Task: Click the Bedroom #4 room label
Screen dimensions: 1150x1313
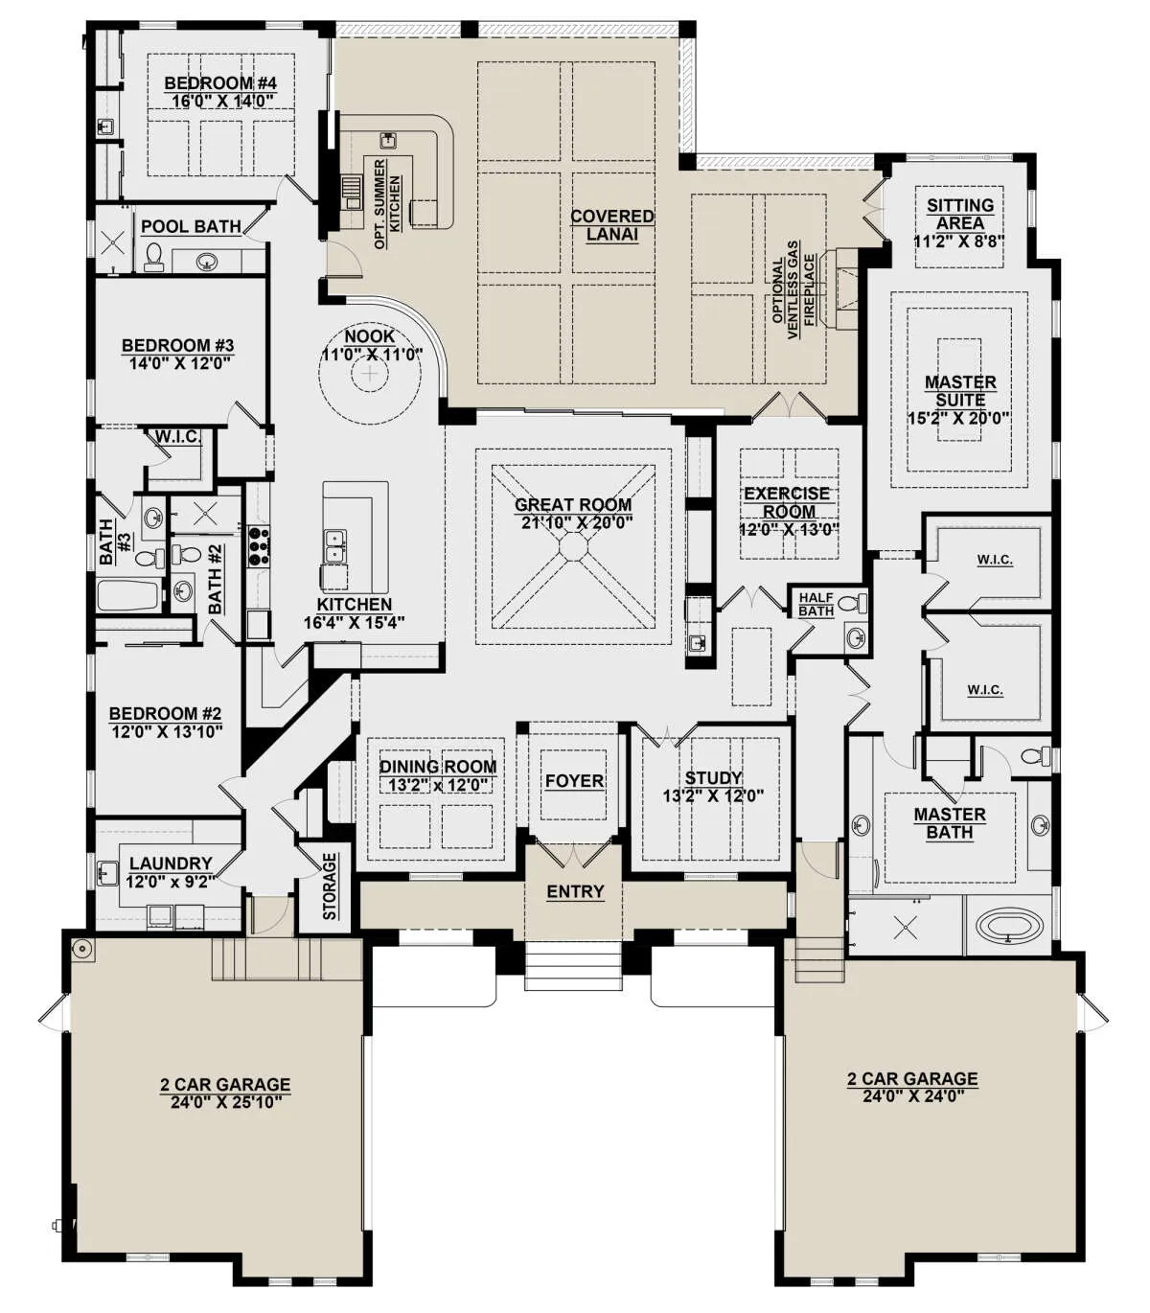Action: coord(220,82)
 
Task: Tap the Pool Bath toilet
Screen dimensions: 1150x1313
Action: coord(152,257)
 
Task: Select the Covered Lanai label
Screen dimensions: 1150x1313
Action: coord(612,225)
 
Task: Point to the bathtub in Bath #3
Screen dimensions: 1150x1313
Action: coord(128,595)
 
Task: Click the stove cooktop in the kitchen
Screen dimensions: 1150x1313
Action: coord(259,545)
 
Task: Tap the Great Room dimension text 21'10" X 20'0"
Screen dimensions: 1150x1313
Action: coord(578,522)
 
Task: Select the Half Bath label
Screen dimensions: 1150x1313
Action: coord(816,605)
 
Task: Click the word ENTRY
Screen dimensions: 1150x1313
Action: coord(575,891)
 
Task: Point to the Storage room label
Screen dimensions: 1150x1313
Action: coord(330,886)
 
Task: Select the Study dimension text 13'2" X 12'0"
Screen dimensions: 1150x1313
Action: coord(713,796)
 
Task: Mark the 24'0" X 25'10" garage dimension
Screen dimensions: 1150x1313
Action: coord(226,1102)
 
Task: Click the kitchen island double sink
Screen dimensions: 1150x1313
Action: coord(335,545)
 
